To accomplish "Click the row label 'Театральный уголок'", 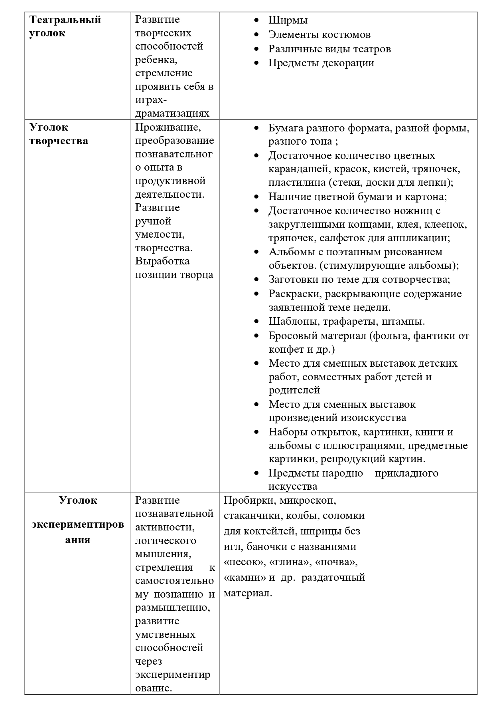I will point(65,26).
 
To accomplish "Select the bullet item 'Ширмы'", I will point(288,20).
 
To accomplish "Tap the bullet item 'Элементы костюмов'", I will point(319,35).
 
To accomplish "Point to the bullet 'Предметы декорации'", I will point(321,63).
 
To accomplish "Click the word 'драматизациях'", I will point(172,113).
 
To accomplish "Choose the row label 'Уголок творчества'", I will point(59,134).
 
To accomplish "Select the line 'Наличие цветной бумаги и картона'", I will point(357,197).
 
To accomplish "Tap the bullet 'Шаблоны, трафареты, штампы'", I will point(346,322).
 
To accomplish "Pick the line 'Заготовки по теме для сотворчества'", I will point(359,280).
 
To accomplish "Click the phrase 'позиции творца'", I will point(174,275).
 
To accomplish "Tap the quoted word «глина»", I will point(290,562).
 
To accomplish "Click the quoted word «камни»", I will point(245,578).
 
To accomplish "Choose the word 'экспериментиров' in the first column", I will point(78,524).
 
